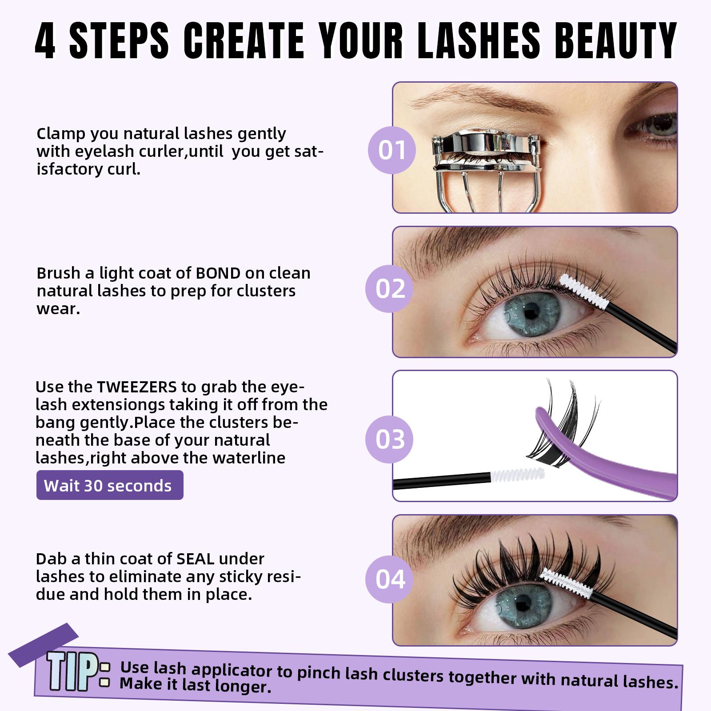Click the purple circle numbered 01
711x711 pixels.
click(x=391, y=150)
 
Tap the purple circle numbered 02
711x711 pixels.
click(x=390, y=289)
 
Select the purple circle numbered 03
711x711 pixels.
click(x=390, y=439)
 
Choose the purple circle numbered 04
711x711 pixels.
click(x=390, y=579)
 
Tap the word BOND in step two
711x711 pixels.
click(x=218, y=273)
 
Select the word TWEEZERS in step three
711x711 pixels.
click(x=137, y=387)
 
